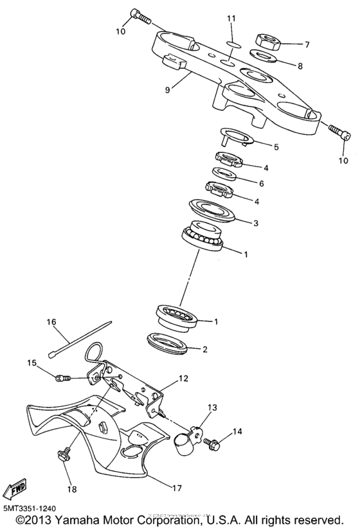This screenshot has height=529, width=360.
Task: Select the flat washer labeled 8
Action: (x=263, y=57)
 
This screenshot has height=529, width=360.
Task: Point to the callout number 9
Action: (x=167, y=90)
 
